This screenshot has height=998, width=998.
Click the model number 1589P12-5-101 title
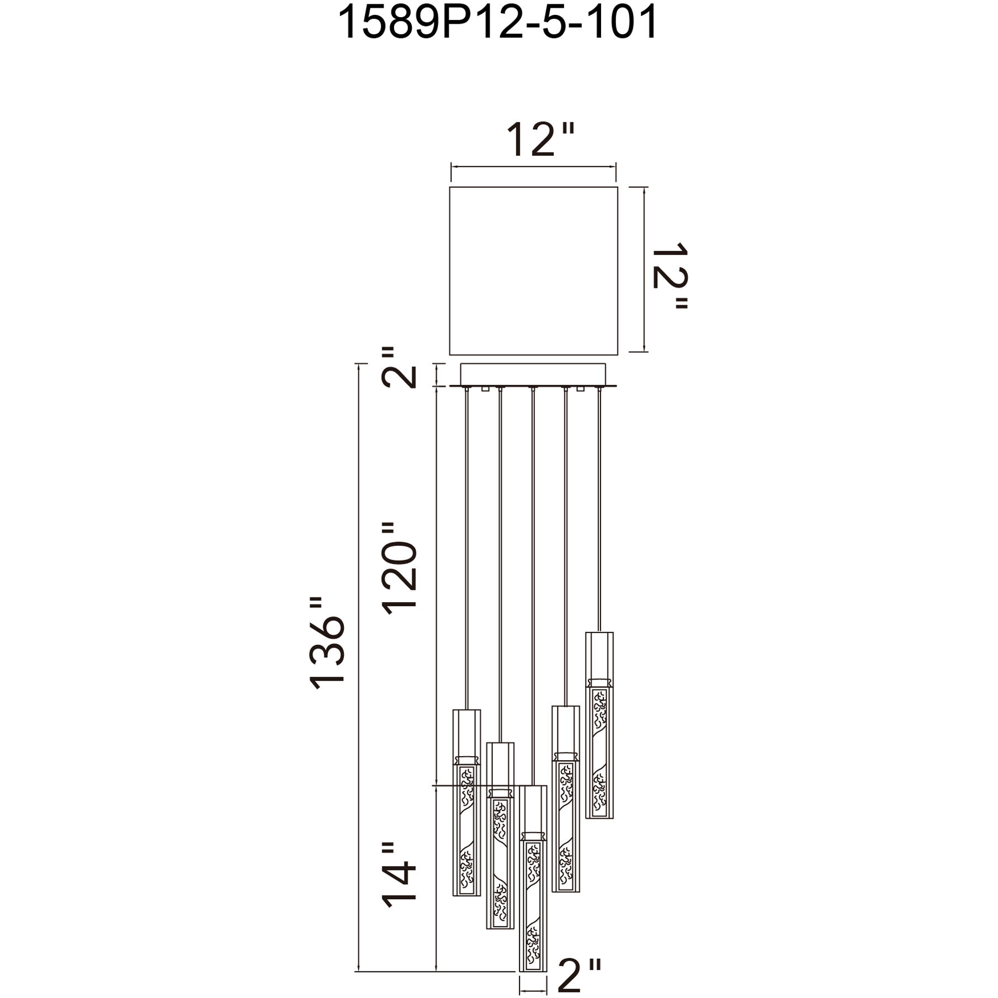pos(498,23)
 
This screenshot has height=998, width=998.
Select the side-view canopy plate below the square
pos(533,375)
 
